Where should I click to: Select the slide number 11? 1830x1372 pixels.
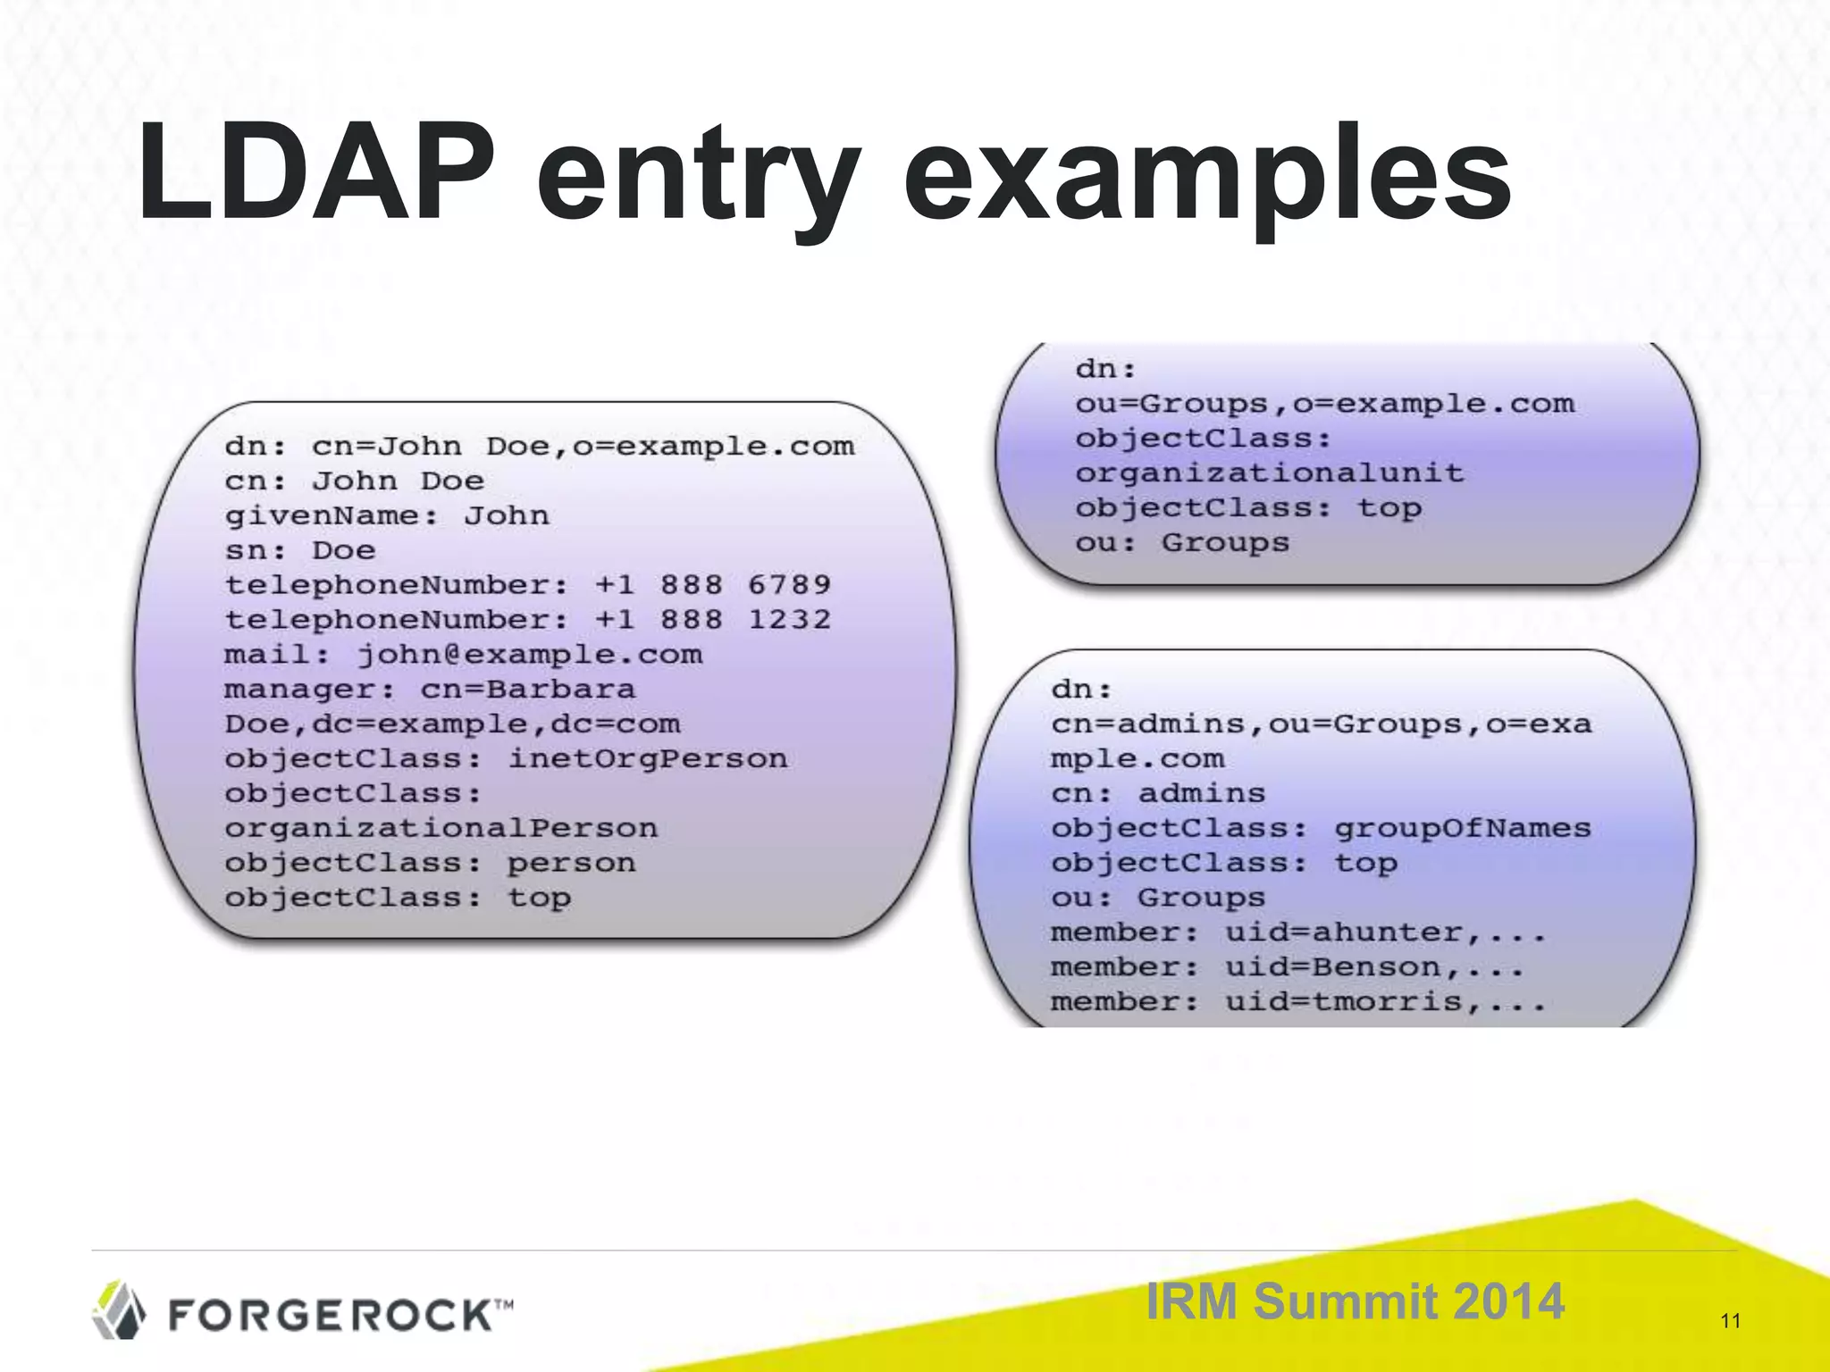click(x=1730, y=1321)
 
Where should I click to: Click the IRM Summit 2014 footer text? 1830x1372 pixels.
click(x=1355, y=1301)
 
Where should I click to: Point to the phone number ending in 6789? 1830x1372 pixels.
click(x=713, y=585)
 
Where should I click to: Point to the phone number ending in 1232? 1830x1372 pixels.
click(x=713, y=620)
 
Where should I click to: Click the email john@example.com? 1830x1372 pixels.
click(x=530, y=655)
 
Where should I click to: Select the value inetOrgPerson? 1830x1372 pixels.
click(x=648, y=759)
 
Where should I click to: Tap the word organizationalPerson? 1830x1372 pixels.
click(x=441, y=829)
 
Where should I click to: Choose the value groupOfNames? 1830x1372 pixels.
click(x=1463, y=829)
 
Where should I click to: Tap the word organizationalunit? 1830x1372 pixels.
click(x=1269, y=473)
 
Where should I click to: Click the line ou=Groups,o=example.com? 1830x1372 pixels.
click(x=1324, y=404)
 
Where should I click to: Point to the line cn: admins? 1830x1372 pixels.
click(x=1158, y=794)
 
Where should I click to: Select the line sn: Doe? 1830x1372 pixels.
click(x=299, y=551)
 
